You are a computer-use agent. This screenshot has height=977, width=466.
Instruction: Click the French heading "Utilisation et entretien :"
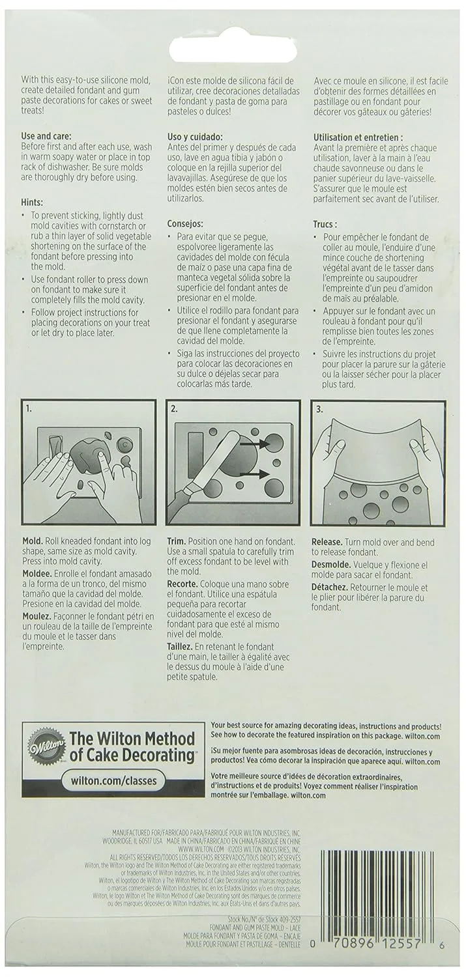pyautogui.click(x=367, y=137)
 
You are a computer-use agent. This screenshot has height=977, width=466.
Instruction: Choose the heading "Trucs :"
pyautogui.click(x=330, y=223)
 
